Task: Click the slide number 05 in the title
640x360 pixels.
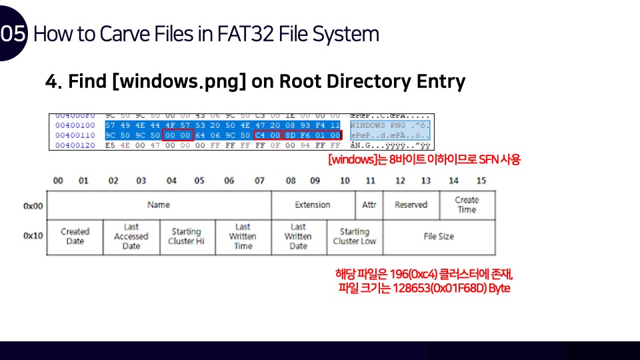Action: tap(13, 33)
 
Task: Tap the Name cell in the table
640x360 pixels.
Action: tap(159, 205)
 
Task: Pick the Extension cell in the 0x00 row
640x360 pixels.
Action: tap(313, 205)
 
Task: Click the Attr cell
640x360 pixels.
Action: tap(369, 205)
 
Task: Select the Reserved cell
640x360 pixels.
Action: tap(411, 205)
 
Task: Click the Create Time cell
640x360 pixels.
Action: tap(467, 205)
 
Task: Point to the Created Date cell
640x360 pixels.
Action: tap(75, 237)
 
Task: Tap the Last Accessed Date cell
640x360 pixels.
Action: tap(131, 237)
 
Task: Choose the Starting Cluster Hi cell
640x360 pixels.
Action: tap(186, 237)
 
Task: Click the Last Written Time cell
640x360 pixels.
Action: tap(243, 237)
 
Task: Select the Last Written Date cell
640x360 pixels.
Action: tap(298, 237)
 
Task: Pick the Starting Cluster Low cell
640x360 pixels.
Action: tap(355, 237)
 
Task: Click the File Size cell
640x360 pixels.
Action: tap(439, 236)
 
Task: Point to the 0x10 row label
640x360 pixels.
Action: tap(33, 236)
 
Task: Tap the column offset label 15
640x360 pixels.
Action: tap(481, 181)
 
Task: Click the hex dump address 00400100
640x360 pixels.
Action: tap(75, 125)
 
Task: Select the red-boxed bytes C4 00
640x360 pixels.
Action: tap(268, 135)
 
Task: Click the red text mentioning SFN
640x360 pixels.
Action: tap(424, 160)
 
